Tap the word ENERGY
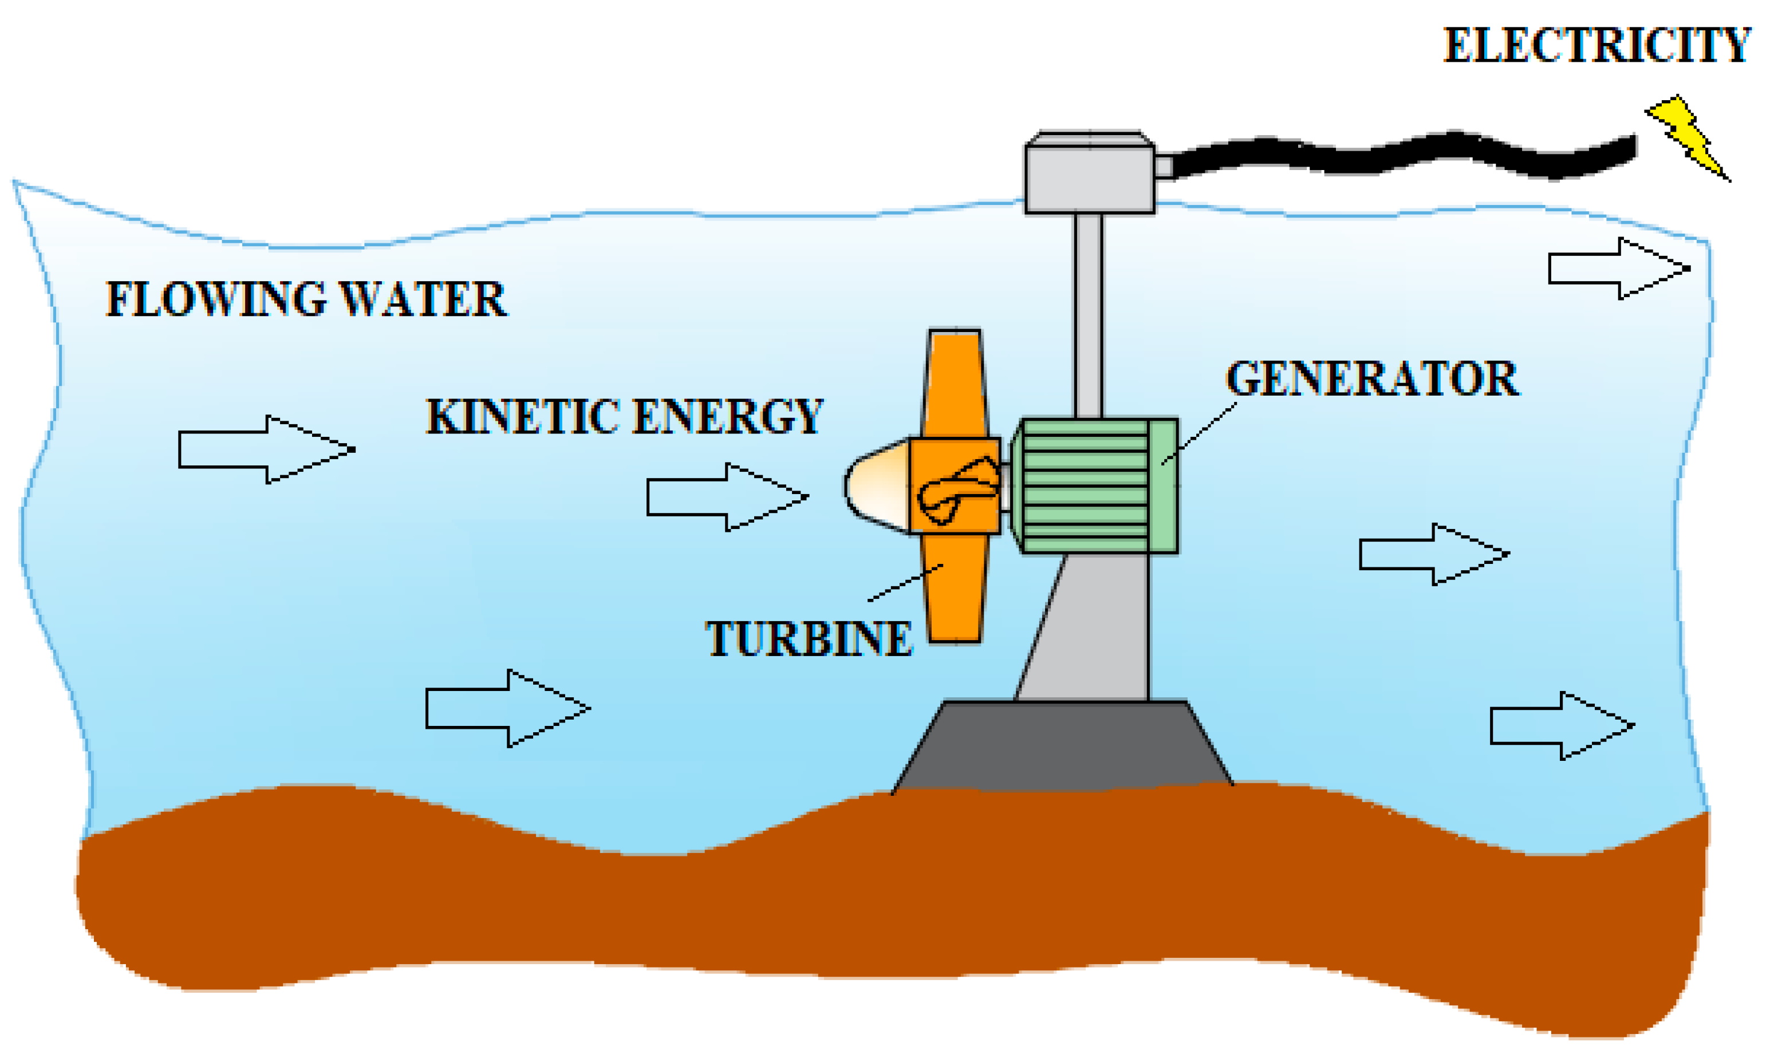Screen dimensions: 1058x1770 coord(727,416)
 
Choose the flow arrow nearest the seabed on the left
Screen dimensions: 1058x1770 coord(507,709)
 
